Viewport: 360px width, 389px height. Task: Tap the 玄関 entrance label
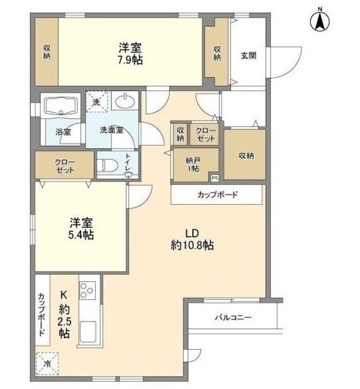248,55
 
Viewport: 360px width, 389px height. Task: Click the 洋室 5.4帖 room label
81,229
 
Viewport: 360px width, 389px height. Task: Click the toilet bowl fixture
108,165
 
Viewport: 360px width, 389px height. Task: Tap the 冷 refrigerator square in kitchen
46,364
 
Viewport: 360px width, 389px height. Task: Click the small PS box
214,178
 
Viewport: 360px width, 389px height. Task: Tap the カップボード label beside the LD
217,195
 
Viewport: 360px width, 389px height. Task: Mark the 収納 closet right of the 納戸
246,155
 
